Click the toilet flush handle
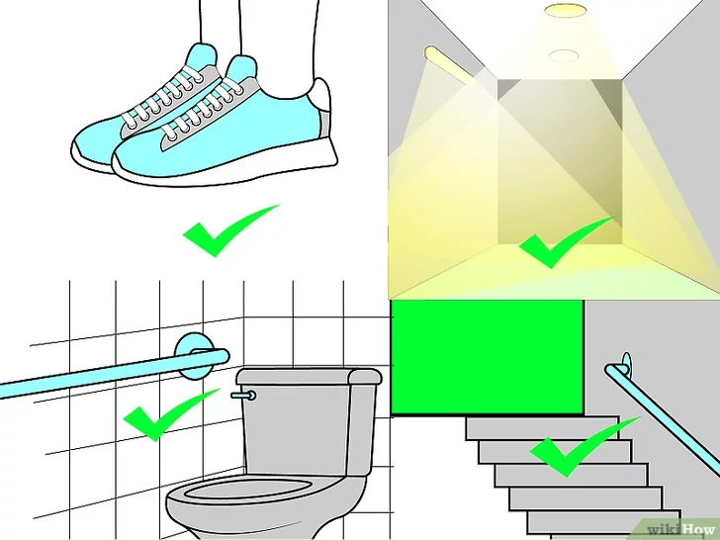[244, 396]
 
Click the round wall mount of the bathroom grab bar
[195, 355]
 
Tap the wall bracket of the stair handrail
[626, 365]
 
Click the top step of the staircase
[542, 428]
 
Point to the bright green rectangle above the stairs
[487, 357]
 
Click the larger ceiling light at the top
[566, 11]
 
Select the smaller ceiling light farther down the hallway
[564, 55]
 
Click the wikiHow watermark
[681, 529]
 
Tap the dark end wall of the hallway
[560, 161]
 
